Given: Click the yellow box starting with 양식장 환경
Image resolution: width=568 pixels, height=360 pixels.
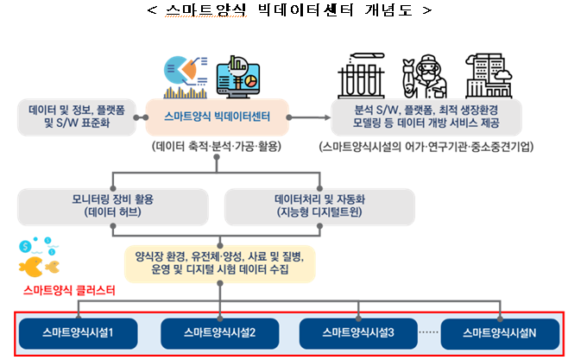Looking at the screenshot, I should [219, 263].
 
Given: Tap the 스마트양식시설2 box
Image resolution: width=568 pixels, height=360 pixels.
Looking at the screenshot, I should [218, 332].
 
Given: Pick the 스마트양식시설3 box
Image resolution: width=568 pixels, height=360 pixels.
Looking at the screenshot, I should [357, 332].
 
